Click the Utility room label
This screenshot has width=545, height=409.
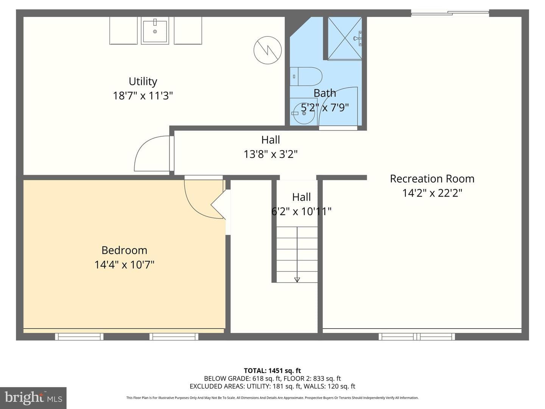coord(143,82)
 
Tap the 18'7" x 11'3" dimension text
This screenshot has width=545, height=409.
coord(143,95)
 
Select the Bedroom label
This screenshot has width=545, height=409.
coord(125,250)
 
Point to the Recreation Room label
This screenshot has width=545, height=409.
coord(432,179)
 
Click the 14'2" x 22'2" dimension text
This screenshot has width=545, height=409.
coord(432,193)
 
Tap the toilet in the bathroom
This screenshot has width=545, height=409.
coord(306,76)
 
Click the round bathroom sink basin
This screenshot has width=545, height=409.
coord(304,113)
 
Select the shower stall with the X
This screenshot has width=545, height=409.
coord(345,39)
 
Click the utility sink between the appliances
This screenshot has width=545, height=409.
coord(155,31)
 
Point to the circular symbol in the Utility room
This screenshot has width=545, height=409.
coord(268,50)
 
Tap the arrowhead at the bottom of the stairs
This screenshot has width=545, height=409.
coord(297,280)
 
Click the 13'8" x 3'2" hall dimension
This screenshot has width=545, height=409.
coord(270,154)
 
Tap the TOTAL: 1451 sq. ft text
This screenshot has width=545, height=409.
coord(272,371)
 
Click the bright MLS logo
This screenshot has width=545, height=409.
coord(33,398)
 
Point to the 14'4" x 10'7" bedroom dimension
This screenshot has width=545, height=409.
coord(125,265)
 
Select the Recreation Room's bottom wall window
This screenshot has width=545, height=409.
coord(417,337)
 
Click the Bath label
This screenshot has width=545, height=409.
coord(325,94)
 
